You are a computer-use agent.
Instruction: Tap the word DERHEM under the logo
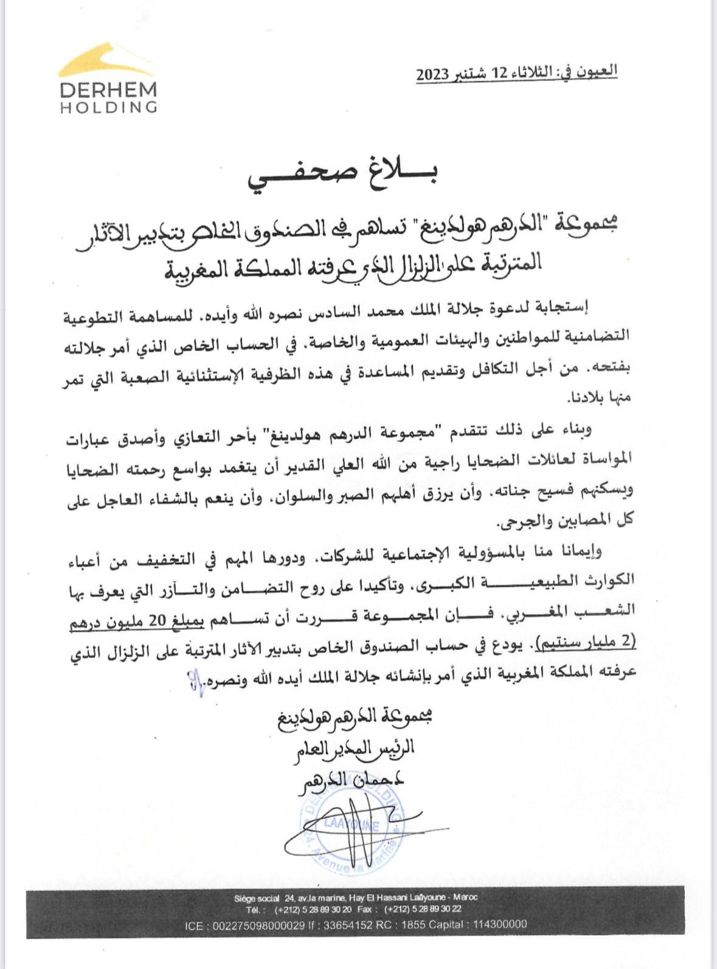click(x=108, y=90)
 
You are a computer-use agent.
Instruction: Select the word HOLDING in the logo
click(x=108, y=107)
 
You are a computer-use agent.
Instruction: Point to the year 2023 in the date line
click(x=433, y=75)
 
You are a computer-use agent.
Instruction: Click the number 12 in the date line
click(x=499, y=74)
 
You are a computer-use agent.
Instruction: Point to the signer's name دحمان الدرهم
click(x=351, y=780)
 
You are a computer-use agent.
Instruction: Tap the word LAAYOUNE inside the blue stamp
click(x=351, y=825)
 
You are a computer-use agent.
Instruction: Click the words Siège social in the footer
click(x=257, y=898)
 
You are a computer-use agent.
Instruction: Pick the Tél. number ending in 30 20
click(x=313, y=909)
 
